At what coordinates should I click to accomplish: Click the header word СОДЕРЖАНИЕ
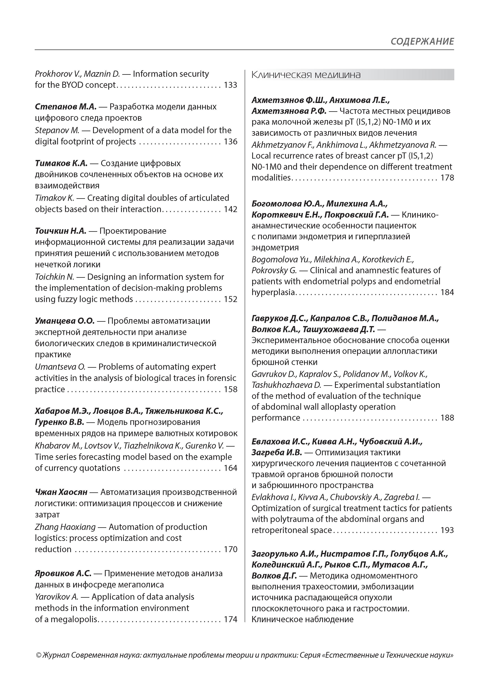pos(422,41)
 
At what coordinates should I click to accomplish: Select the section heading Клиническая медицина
pos(306,75)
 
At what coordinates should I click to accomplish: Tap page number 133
pos(231,85)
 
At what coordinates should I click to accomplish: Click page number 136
pos(231,142)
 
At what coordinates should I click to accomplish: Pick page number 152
pos(231,299)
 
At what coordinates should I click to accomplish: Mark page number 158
pos(231,389)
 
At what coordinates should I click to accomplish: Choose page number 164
pos(231,468)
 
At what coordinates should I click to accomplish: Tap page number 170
pos(231,549)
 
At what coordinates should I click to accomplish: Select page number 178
pos(447,178)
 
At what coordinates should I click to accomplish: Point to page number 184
pos(447,292)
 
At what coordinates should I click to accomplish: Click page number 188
pos(447,418)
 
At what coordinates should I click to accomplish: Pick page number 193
pos(447,530)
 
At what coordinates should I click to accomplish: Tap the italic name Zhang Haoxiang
pos(65,527)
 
